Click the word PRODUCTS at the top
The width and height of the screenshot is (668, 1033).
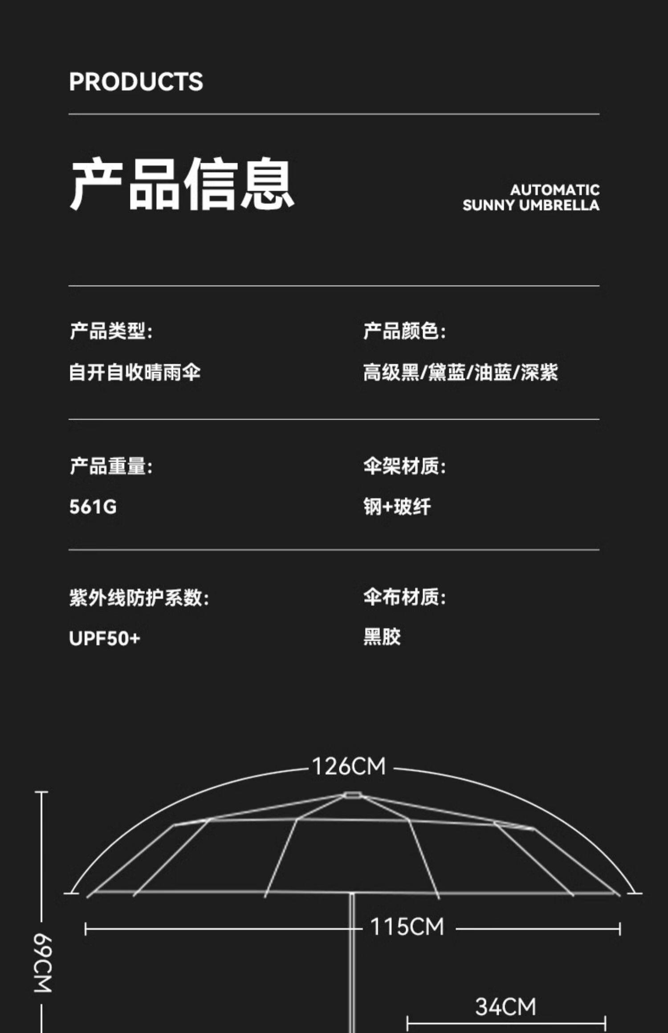point(136,82)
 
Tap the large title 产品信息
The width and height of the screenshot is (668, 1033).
point(182,183)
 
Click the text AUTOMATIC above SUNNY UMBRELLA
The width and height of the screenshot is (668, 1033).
point(554,190)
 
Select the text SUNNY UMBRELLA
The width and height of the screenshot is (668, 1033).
point(531,206)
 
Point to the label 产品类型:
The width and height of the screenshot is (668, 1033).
point(111,331)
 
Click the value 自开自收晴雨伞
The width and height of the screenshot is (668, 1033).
point(134,372)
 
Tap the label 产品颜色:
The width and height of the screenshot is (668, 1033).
point(404,331)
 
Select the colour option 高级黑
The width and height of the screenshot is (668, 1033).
point(391,372)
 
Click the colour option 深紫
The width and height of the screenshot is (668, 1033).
point(539,372)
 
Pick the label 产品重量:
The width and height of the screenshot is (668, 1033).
point(111,466)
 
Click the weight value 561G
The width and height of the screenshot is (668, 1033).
point(93,507)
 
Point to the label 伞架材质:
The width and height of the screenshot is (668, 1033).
point(404,466)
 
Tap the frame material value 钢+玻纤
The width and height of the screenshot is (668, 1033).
point(397,507)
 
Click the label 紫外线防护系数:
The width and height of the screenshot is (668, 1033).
point(139,597)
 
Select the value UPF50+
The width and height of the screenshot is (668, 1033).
point(105,638)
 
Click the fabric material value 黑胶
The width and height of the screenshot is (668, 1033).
point(382,637)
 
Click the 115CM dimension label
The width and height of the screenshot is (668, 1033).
point(407,927)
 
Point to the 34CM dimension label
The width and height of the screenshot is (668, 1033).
point(505,1007)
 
